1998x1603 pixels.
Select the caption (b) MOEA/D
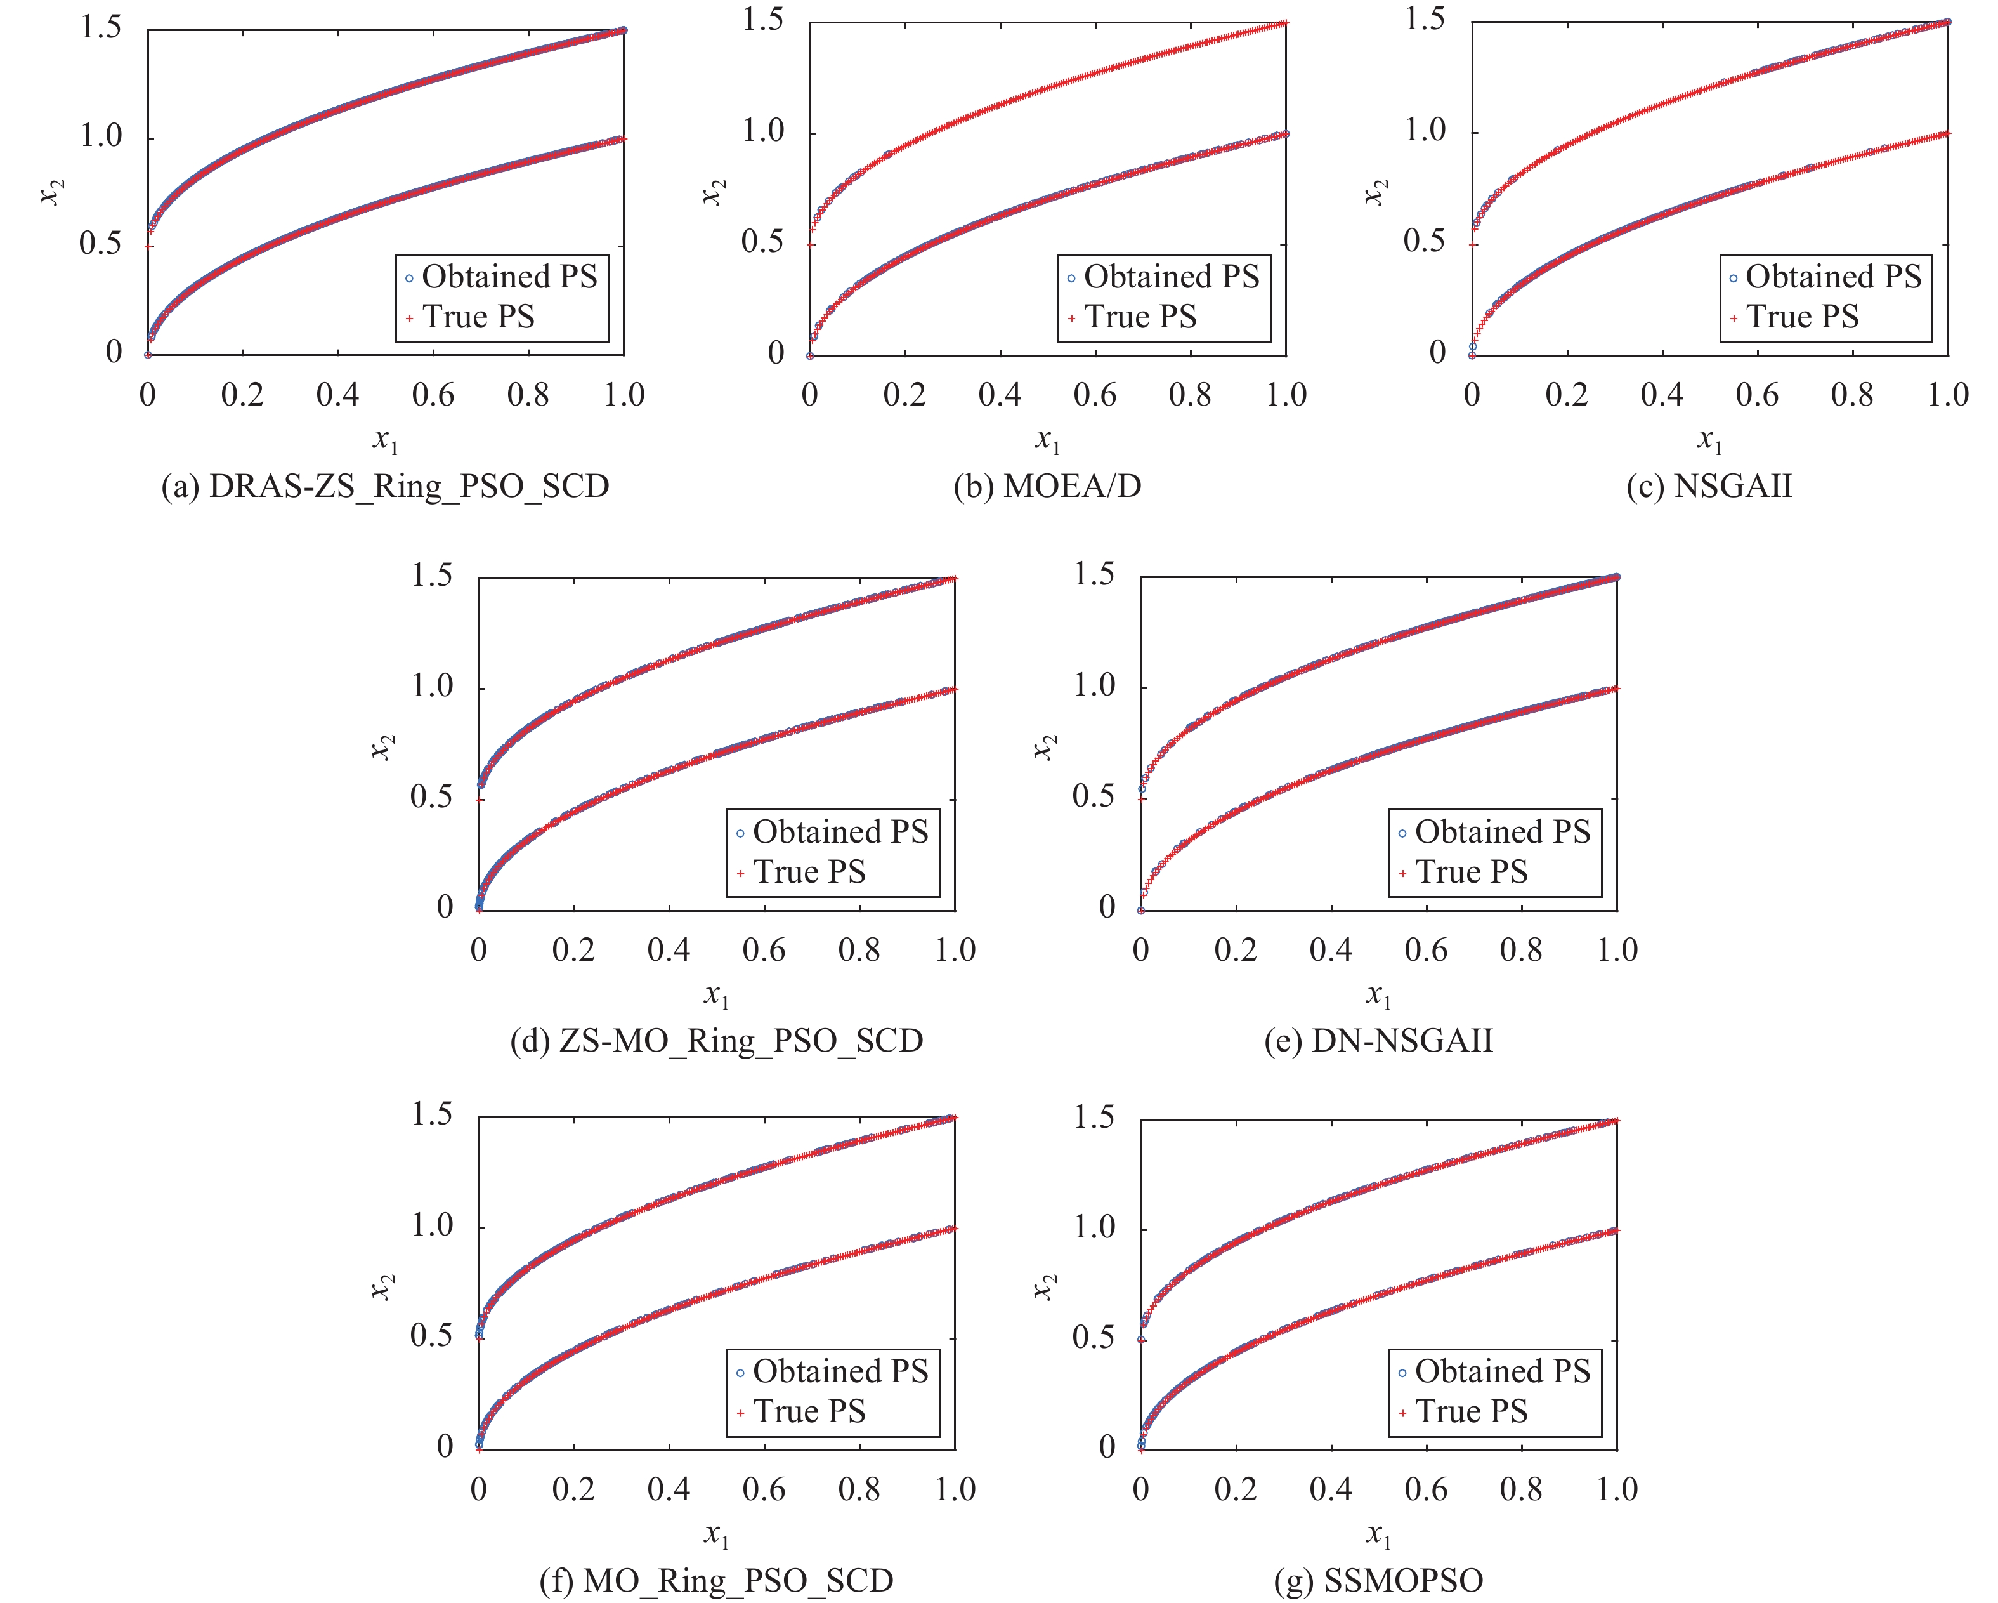pyautogui.click(x=1047, y=487)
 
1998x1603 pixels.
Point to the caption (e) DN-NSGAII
pyautogui.click(x=1378, y=1041)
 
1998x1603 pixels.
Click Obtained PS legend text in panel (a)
pyautogui.click(x=510, y=276)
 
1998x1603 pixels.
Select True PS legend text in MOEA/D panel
pyautogui.click(x=1141, y=317)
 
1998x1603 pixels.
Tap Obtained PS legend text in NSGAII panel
pyautogui.click(x=1833, y=276)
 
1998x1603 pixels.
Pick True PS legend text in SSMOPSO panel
pyautogui.click(x=1472, y=1412)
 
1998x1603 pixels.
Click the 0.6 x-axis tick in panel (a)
pyautogui.click(x=433, y=395)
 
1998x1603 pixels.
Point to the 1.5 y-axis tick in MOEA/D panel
pyautogui.click(x=764, y=20)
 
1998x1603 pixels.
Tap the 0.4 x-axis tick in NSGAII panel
pyautogui.click(x=1662, y=395)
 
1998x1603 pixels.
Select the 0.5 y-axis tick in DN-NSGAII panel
pyautogui.click(x=1094, y=797)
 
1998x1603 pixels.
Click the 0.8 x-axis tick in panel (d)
pyautogui.click(x=859, y=950)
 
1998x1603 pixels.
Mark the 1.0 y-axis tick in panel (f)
pyautogui.click(x=432, y=1227)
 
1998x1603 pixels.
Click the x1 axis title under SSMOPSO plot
pyautogui.click(x=1378, y=1535)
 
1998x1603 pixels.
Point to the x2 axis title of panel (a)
pyautogui.click(x=52, y=192)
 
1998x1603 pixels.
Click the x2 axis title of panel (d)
pyautogui.click(x=382, y=746)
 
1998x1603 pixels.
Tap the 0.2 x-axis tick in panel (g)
pyautogui.click(x=1236, y=1490)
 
